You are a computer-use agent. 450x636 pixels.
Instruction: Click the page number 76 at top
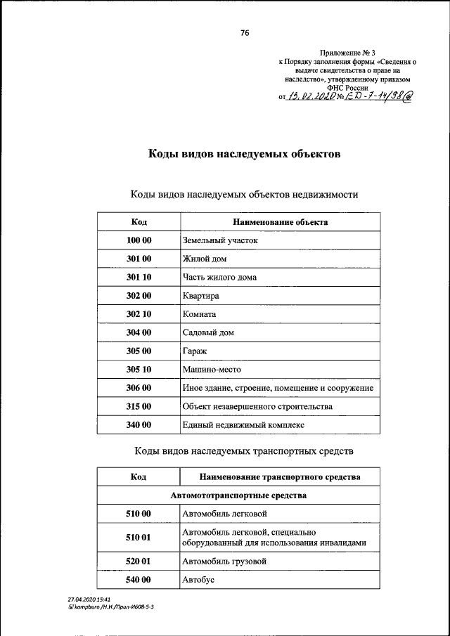click(x=245, y=33)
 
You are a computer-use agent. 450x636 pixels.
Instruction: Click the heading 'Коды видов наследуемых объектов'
click(x=244, y=153)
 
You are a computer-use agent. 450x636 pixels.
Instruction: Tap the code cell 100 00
click(x=139, y=240)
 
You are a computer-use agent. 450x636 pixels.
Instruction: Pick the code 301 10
click(x=139, y=277)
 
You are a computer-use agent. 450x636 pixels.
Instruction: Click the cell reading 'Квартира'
click(x=201, y=296)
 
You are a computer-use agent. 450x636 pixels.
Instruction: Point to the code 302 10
click(x=139, y=314)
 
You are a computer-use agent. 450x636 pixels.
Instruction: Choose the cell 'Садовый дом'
click(x=208, y=332)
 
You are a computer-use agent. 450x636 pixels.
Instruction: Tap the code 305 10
click(x=139, y=369)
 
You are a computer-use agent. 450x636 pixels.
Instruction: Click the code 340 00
click(x=139, y=424)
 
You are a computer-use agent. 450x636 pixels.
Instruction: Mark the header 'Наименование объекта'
click(x=280, y=222)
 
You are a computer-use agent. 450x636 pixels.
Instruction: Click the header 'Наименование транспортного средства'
click(x=280, y=477)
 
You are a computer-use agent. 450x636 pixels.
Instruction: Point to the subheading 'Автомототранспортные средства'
click(x=238, y=495)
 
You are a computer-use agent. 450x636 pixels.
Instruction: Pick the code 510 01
click(x=139, y=538)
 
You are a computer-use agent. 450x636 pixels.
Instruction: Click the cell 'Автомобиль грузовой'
click(x=225, y=562)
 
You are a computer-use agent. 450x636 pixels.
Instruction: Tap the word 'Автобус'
click(x=198, y=580)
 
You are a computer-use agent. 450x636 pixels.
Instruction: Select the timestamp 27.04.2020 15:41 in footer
click(x=84, y=599)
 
